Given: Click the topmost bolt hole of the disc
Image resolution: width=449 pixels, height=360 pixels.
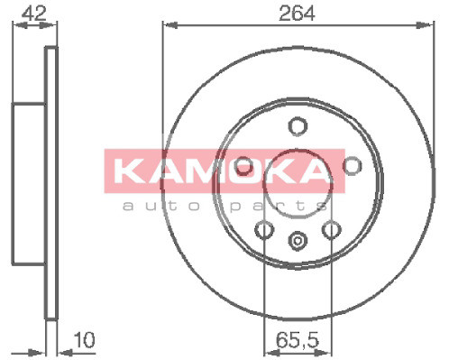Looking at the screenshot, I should [x=296, y=126].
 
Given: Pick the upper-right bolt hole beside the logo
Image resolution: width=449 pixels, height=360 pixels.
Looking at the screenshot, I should [x=352, y=165].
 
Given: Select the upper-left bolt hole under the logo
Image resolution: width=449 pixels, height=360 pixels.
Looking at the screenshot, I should [x=243, y=165].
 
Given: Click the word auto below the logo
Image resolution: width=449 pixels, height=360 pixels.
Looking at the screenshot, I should [x=151, y=207].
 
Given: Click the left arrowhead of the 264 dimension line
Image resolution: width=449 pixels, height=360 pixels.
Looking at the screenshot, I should [x=167, y=25].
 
